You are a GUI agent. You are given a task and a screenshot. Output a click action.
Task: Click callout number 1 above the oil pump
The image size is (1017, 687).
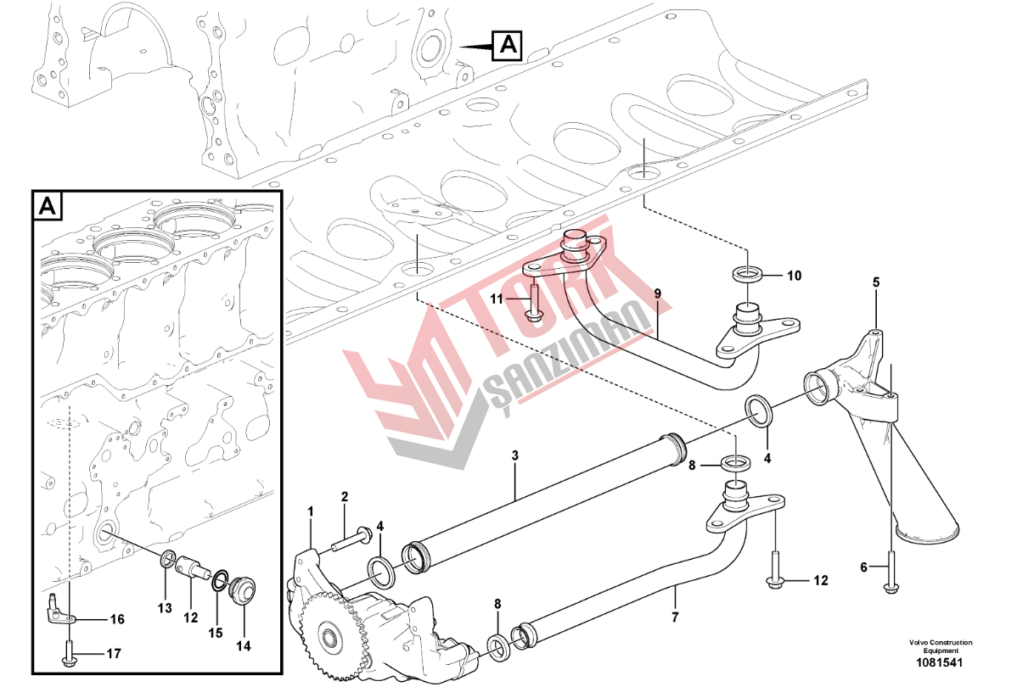point(310,512)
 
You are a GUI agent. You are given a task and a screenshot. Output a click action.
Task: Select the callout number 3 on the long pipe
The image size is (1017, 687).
point(515,455)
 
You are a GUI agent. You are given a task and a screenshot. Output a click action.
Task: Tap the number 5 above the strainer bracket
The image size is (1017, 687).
point(876,282)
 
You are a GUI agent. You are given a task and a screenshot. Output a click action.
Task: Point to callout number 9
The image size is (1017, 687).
point(658,293)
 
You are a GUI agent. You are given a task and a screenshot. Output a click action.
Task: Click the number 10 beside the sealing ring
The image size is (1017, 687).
point(794,276)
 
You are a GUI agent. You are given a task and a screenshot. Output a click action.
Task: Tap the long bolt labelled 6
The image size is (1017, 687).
point(891,571)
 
